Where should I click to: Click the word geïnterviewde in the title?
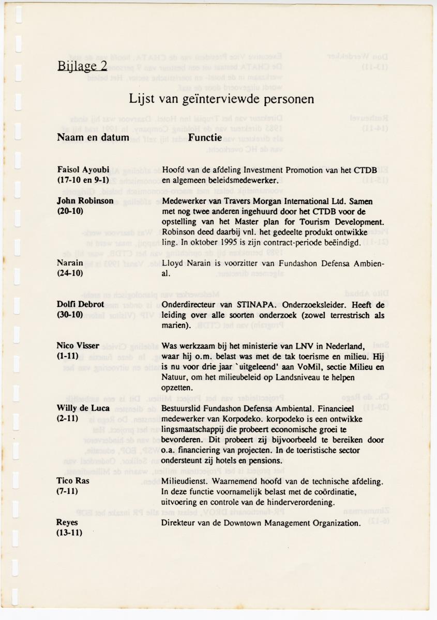[215, 98]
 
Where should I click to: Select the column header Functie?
[205, 137]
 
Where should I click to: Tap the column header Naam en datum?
[93, 137]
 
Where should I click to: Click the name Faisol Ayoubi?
[83, 169]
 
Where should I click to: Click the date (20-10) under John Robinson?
[70, 212]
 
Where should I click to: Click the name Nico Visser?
[78, 346]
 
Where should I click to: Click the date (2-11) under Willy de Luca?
[67, 418]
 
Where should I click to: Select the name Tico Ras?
[73, 481]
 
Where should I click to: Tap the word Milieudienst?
[184, 481]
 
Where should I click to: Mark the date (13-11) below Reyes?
[70, 533]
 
